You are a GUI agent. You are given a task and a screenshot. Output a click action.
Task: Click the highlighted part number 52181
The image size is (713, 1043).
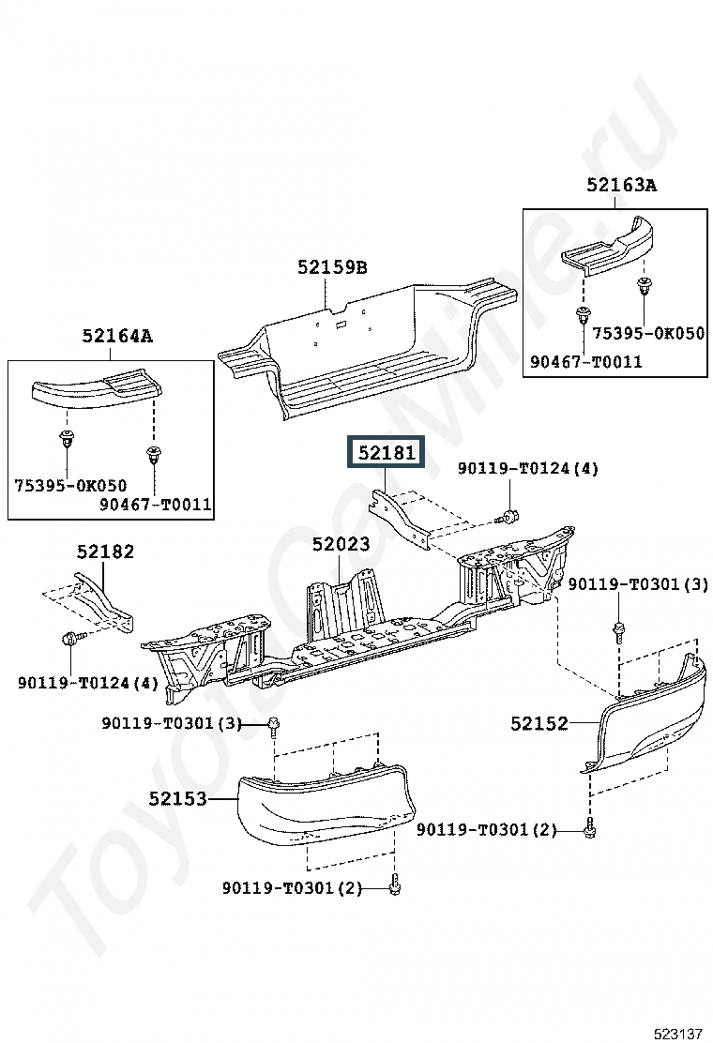(x=387, y=453)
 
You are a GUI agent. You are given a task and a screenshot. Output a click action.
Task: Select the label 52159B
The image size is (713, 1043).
(x=332, y=267)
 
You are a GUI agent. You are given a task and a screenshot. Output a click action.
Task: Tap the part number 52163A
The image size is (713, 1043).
(x=621, y=185)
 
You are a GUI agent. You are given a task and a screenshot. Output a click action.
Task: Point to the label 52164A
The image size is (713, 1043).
(x=117, y=336)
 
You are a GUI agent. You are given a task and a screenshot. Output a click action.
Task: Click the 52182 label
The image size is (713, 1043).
(x=105, y=552)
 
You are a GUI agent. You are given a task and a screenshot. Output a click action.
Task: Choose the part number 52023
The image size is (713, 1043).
(x=341, y=544)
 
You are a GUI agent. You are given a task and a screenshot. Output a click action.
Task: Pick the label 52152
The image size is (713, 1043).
(x=539, y=723)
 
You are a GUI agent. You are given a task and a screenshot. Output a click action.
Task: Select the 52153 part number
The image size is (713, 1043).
(x=177, y=798)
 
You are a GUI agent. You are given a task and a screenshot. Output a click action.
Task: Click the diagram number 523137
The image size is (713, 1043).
(x=678, y=1034)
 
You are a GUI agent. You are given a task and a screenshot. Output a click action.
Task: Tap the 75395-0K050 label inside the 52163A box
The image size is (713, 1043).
(x=648, y=333)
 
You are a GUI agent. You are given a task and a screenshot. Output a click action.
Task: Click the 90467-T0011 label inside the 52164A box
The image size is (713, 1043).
(x=156, y=505)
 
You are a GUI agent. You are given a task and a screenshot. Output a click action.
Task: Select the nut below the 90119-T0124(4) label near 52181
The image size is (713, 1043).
(x=509, y=516)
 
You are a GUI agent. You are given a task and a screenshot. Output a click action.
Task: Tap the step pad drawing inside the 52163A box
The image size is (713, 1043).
(x=607, y=246)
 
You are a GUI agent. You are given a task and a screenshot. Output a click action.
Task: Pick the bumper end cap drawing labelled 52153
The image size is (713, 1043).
(x=326, y=805)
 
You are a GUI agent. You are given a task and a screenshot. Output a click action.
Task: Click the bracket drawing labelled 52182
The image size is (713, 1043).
(x=105, y=602)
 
